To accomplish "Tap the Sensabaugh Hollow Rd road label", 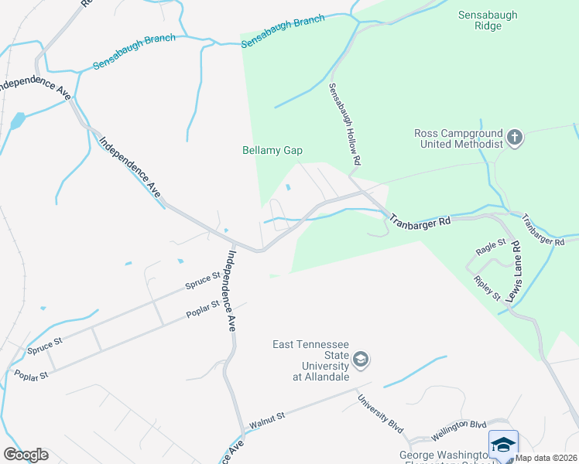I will (344, 123).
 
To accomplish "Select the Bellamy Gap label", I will (272, 151).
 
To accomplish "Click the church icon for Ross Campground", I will (513, 138).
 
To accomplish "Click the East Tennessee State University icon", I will (360, 360).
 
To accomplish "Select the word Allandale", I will (322, 377).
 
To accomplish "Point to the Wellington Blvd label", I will (460, 425).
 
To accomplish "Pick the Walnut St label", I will (268, 420).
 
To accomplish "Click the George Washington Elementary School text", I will (444, 455).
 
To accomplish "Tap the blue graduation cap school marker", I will (503, 444).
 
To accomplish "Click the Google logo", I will (26, 454).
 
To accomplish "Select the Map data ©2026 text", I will (546, 458).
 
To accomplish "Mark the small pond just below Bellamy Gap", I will (288, 186).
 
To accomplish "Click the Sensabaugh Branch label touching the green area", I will (283, 31).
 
